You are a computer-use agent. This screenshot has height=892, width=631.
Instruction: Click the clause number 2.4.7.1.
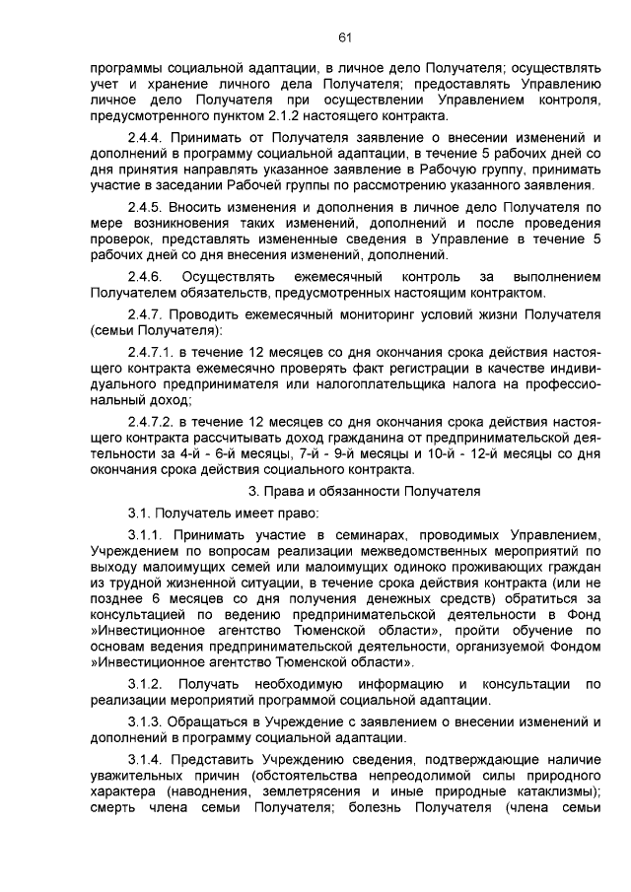pos(155,353)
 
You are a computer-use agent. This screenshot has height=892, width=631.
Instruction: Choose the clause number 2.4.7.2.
pos(155,424)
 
